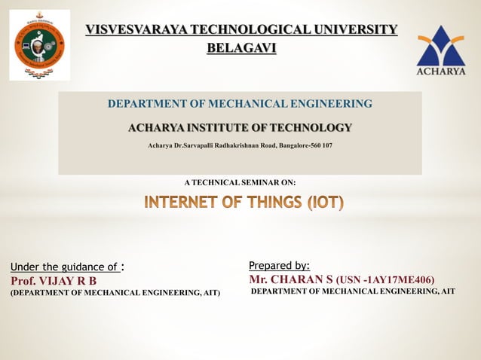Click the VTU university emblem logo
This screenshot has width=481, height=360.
[x=39, y=44]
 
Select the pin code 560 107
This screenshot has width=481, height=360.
[x=317, y=145]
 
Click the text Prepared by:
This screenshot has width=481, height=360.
[x=279, y=265]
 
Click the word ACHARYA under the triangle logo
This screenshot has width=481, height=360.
[x=441, y=72]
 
